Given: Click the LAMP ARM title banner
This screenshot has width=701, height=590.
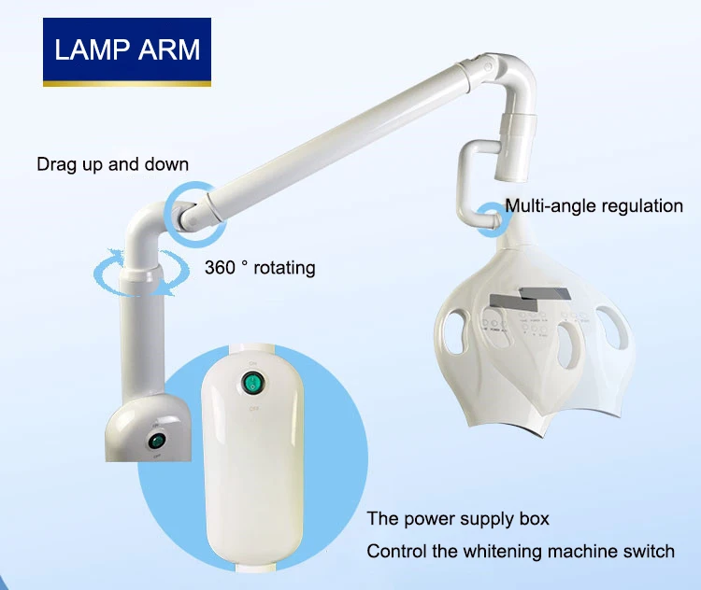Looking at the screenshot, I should click(x=127, y=49).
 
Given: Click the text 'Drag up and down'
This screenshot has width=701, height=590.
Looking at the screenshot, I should click(x=112, y=164).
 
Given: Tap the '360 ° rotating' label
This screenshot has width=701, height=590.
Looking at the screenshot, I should click(x=260, y=268).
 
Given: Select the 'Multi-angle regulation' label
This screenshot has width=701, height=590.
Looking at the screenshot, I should click(x=594, y=205).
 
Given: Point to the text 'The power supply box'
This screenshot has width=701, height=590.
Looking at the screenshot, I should click(x=458, y=518).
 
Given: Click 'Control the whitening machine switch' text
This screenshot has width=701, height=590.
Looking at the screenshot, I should click(x=520, y=550).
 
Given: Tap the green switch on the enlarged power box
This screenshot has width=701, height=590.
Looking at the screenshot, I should click(x=251, y=385).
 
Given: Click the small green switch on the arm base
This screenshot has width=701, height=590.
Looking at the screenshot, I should click(x=157, y=439).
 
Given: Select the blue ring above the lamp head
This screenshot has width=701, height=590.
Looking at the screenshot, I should click(x=493, y=216).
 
